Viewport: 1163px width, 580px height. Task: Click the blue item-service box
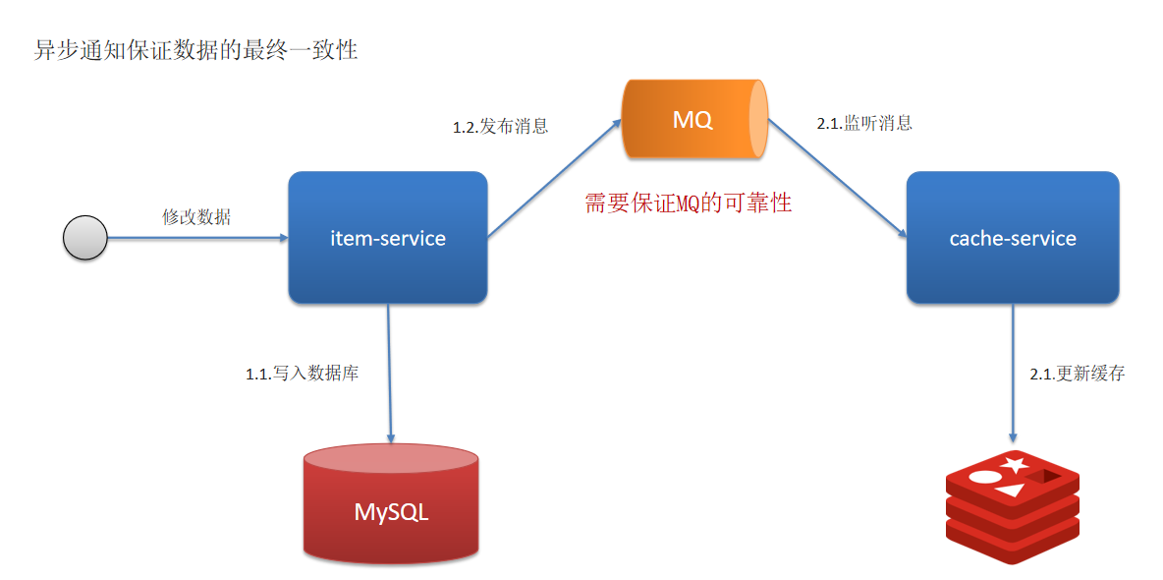pyautogui.click(x=387, y=237)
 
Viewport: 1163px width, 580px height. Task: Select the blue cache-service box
pyautogui.click(x=1012, y=237)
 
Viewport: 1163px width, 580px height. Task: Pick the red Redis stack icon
pyautogui.click(x=1012, y=506)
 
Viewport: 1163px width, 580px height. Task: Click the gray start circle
pyautogui.click(x=84, y=238)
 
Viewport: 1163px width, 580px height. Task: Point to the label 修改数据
pyautogui.click(x=196, y=217)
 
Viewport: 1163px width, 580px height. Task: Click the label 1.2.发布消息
pyautogui.click(x=500, y=126)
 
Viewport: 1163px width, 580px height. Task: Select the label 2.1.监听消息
pyautogui.click(x=864, y=123)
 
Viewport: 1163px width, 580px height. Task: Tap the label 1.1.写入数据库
pyautogui.click(x=302, y=374)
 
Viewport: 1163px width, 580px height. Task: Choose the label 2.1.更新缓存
pyautogui.click(x=1077, y=374)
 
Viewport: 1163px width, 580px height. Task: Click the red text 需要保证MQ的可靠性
pyautogui.click(x=688, y=203)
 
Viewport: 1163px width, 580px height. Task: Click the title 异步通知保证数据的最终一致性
pyautogui.click(x=196, y=50)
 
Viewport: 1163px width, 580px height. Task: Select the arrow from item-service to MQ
pyautogui.click(x=555, y=178)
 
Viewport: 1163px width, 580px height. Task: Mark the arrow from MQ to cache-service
pyautogui.click(x=836, y=178)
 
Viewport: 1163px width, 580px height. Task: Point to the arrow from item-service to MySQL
pyautogui.click(x=390, y=374)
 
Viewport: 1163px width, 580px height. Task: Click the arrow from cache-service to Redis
pyautogui.click(x=1013, y=374)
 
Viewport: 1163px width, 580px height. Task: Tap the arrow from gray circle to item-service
pyautogui.click(x=196, y=237)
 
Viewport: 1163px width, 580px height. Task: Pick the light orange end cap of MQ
pyautogui.click(x=757, y=120)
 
